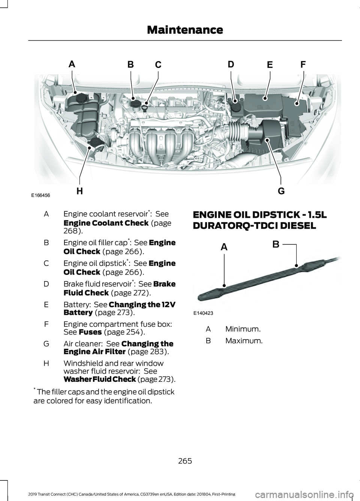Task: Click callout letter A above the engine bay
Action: click(72, 64)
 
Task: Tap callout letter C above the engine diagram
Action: click(158, 65)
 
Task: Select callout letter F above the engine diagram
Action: click(303, 64)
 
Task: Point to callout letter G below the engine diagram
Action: click(281, 191)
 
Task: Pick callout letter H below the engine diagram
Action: click(79, 191)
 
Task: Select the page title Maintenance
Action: click(185, 30)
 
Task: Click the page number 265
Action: click(185, 461)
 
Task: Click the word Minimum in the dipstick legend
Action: click(243, 329)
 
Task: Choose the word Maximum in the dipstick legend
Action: click(244, 341)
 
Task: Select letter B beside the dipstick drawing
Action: click(276, 245)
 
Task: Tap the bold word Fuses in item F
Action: click(90, 332)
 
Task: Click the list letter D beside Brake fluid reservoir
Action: click(46, 284)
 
